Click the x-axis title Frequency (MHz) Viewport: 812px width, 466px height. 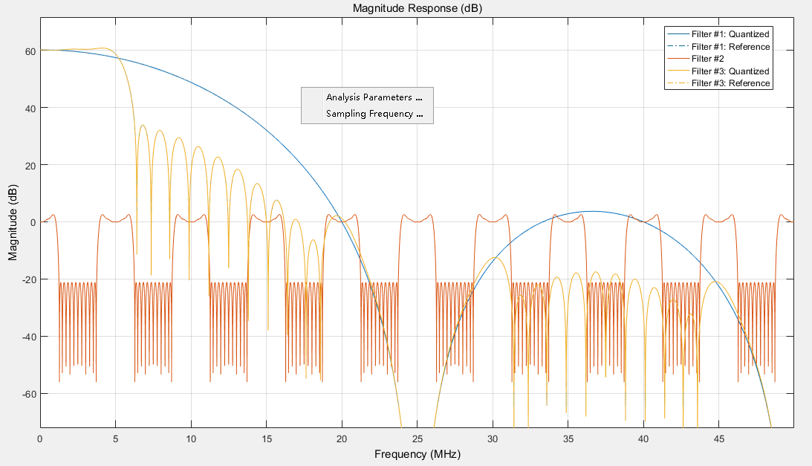point(417,453)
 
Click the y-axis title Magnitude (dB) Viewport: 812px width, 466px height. point(13,222)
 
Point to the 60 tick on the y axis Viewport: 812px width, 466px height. point(29,51)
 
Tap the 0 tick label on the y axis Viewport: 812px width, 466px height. point(32,222)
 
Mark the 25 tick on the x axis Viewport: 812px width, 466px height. point(417,438)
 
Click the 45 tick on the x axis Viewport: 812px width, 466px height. point(718,438)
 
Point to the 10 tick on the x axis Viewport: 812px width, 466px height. point(191,438)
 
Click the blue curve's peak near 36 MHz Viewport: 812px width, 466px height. point(591,212)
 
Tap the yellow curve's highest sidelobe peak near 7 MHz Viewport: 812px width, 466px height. point(143,126)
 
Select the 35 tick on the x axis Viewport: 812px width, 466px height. point(568,438)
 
